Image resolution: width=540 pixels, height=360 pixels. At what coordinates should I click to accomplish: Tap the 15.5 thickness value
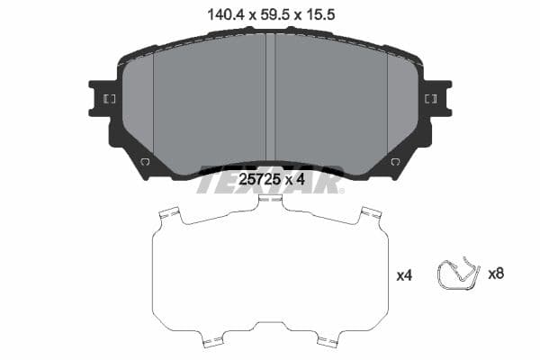[325, 13]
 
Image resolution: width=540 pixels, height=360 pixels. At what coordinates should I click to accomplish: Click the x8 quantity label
[495, 274]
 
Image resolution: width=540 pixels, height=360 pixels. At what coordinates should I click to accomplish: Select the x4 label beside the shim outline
[405, 275]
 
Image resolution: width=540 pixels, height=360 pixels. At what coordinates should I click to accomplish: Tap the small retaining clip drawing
[457, 274]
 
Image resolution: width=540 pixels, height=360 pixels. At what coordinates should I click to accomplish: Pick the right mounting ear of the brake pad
[437, 98]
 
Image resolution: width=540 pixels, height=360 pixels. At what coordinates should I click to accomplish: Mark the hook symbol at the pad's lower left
[144, 162]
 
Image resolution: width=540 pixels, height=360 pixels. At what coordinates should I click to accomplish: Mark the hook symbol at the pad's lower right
[395, 162]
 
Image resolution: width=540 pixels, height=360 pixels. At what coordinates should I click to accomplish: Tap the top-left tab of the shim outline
[167, 215]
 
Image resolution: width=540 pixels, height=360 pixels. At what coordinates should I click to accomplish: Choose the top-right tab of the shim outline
[371, 215]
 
